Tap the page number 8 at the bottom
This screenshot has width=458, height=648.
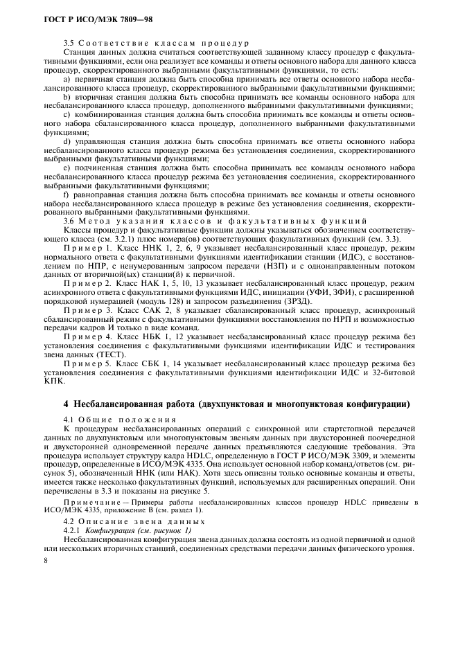pos(46,561)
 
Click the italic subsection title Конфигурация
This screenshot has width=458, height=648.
pos(105,529)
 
